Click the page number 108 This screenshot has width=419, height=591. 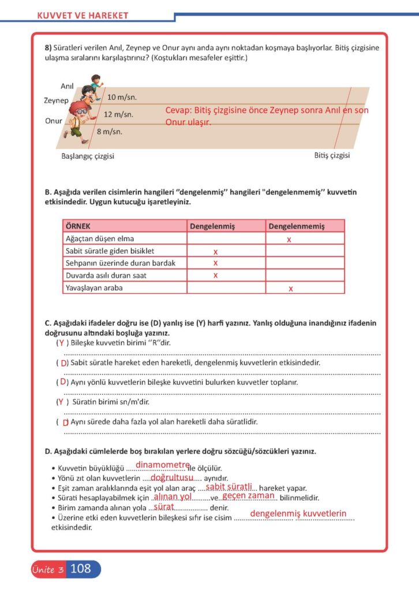coord(81,569)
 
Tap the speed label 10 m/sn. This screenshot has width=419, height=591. coord(122,97)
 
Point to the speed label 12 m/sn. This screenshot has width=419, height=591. coord(118,114)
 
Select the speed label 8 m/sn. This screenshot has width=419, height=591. coord(110,132)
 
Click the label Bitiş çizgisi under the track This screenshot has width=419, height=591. coord(332,155)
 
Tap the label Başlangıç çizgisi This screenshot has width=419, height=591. coord(88,156)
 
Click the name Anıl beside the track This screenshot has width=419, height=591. coord(67,86)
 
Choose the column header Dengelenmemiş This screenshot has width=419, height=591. coord(296,226)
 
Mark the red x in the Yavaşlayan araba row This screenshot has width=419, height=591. coord(291,288)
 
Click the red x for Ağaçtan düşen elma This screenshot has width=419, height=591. coord(289,239)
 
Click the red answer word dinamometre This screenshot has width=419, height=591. coord(163,465)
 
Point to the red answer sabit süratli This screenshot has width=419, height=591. coord(229,487)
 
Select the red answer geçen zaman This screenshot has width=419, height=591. coord(248,496)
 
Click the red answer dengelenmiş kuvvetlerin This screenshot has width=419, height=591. coord(298,514)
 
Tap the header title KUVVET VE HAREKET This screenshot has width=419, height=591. coord(83,16)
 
